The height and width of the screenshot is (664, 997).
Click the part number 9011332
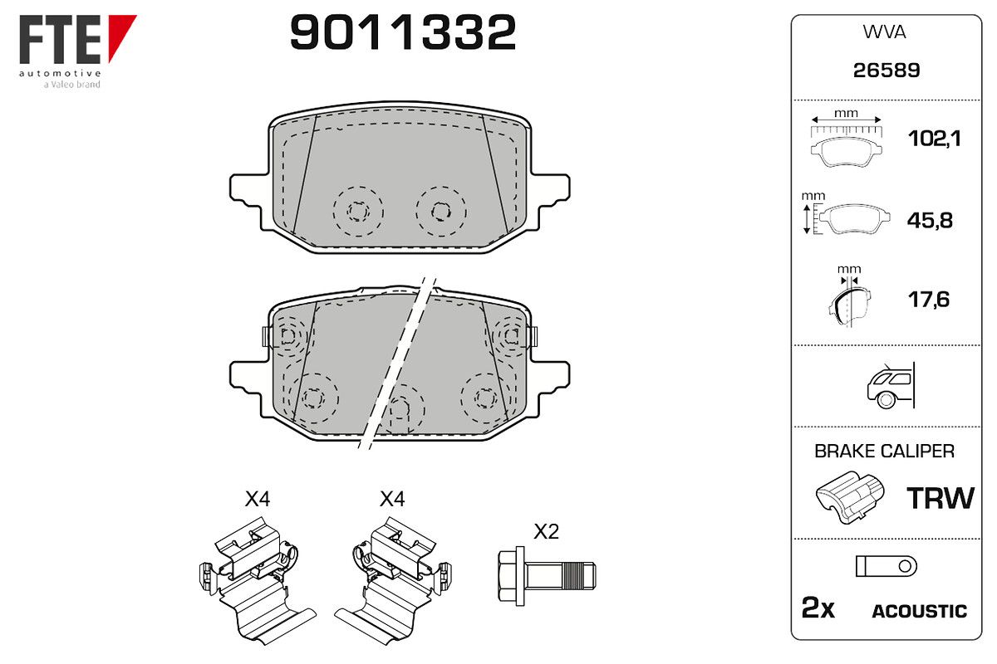tap(403, 32)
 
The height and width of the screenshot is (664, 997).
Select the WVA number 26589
tap(886, 71)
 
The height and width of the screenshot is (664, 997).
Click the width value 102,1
tap(934, 139)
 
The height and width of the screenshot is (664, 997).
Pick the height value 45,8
tap(930, 220)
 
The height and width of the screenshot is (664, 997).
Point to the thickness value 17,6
tap(929, 300)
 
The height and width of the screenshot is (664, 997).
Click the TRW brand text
tap(941, 498)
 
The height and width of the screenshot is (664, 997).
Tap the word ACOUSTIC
tap(920, 611)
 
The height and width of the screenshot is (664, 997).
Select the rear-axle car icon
tap(891, 385)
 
